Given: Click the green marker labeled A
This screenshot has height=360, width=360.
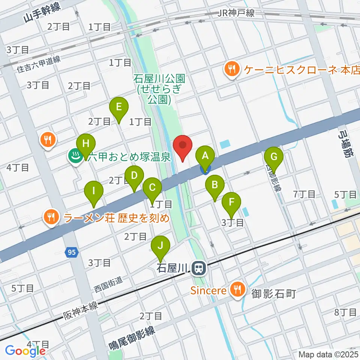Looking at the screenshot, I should [x=205, y=156].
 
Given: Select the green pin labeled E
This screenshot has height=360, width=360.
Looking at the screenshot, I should [x=119, y=108].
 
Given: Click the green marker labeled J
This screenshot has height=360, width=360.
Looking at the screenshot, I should [x=160, y=246].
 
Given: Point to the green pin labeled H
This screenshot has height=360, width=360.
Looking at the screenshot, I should [x=86, y=144].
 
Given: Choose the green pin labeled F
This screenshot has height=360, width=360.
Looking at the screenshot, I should [x=231, y=202].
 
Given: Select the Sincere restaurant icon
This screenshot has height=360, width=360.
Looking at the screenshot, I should [x=237, y=289].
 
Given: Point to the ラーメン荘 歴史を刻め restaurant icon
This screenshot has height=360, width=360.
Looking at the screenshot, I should [x=50, y=217].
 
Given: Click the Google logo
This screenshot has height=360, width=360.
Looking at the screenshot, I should [x=25, y=351].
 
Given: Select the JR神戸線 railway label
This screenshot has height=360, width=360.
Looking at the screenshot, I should [x=236, y=13].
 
